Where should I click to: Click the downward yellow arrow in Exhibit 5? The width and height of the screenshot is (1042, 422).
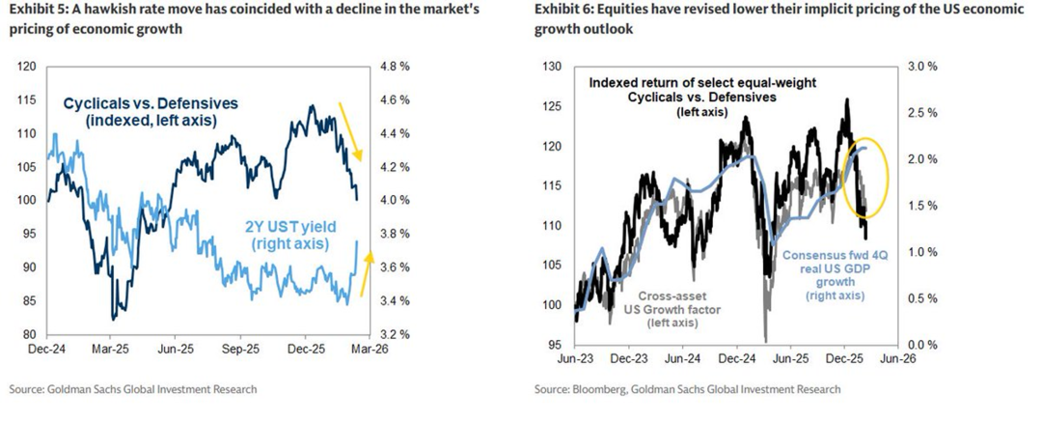349,131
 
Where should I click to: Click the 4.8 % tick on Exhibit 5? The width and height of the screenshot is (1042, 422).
397,67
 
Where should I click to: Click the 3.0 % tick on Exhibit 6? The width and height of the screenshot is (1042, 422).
921,67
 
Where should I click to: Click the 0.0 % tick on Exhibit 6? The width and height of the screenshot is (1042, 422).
921,345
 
